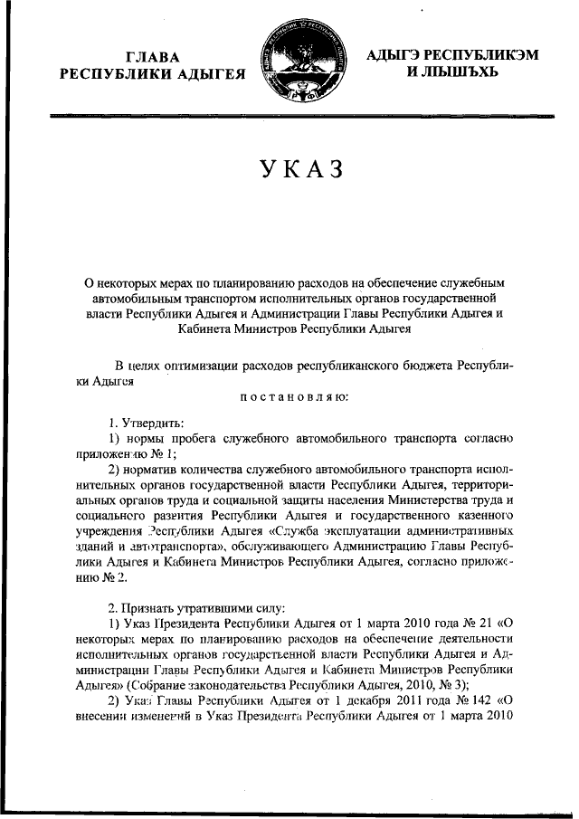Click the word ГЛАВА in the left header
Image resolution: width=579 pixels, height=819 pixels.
[151, 56]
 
